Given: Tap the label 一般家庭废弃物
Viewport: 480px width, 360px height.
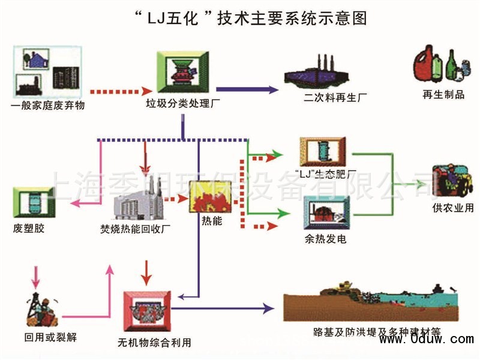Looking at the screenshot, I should [x=48, y=106].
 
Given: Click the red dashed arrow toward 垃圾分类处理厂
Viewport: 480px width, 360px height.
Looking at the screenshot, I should [x=113, y=92].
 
